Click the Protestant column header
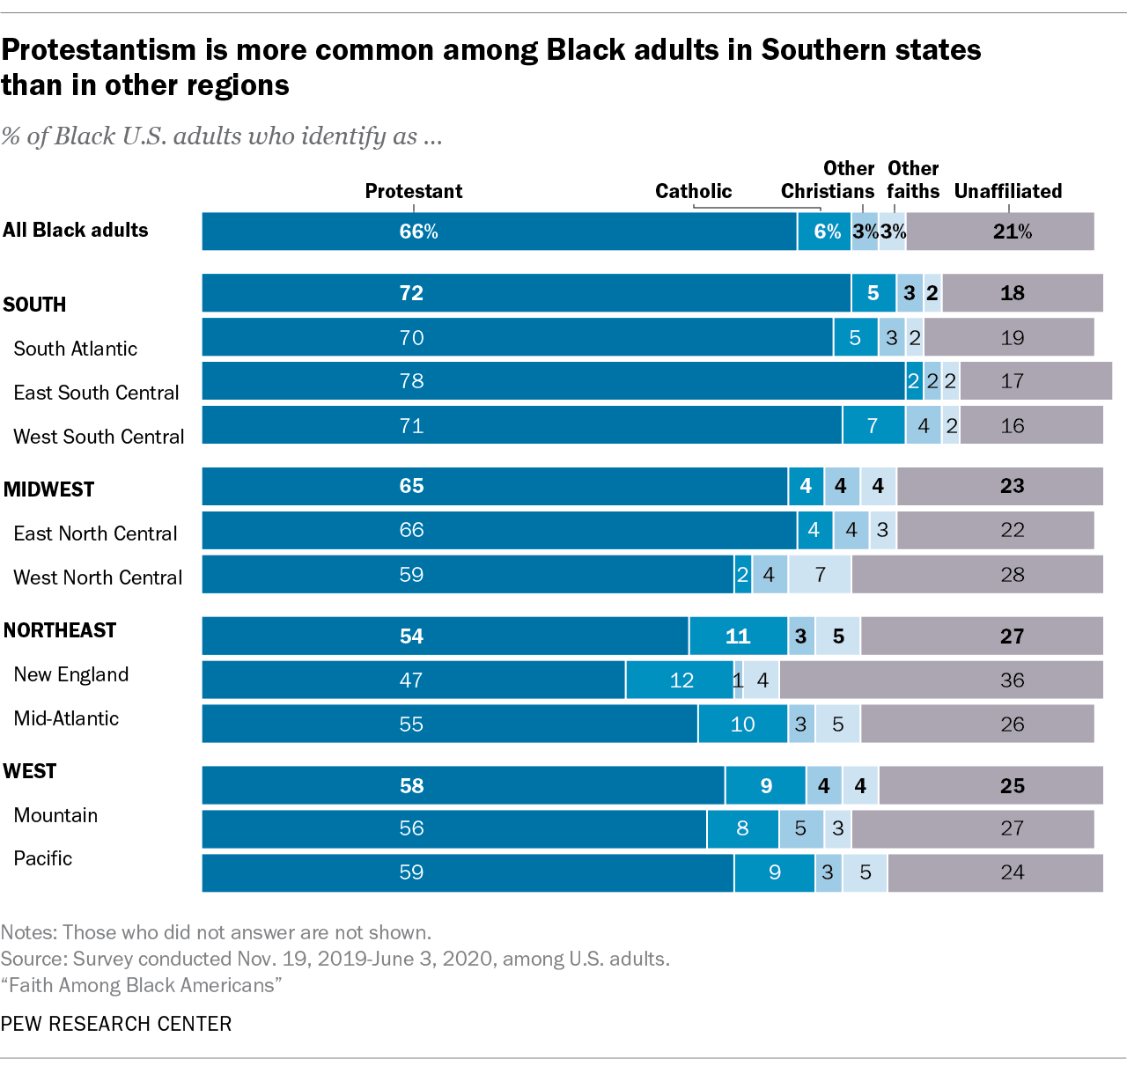tap(414, 191)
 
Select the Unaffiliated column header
tap(1008, 191)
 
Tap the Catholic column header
tap(694, 191)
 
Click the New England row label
tap(71, 674)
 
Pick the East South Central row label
tap(96, 393)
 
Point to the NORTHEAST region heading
tap(60, 630)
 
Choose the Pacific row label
tap(43, 858)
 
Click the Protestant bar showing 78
tap(553, 381)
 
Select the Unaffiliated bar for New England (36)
tap(940, 680)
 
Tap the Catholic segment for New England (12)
tap(680, 680)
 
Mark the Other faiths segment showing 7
tap(820, 574)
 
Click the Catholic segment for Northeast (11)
tap(738, 636)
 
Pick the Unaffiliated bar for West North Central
tap(977, 574)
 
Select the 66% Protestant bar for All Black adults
tap(499, 232)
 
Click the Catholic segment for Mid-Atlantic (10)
tap(742, 724)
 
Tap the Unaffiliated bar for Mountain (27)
tap(973, 828)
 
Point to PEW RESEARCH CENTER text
tap(116, 1024)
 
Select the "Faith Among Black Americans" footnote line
tap(141, 985)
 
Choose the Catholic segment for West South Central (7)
tap(873, 425)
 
